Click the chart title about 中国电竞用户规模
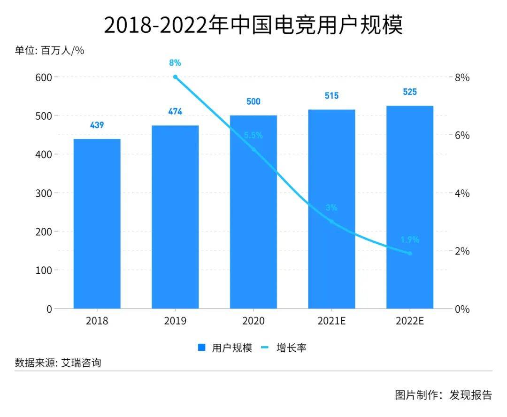pos(253,24)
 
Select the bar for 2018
pos(97,224)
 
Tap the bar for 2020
pos(253,212)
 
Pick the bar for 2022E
pos(409,207)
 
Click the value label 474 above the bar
pos(175,112)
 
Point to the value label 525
pos(409,92)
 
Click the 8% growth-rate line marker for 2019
pos(175,77)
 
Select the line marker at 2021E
pos(331,222)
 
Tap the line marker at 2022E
pos(409,254)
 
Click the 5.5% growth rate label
pos(253,136)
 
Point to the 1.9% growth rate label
pos(409,240)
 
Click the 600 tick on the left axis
pos(44,77)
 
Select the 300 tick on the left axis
pos(44,193)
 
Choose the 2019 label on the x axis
pos(175,321)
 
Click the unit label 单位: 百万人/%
pos(50,51)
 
